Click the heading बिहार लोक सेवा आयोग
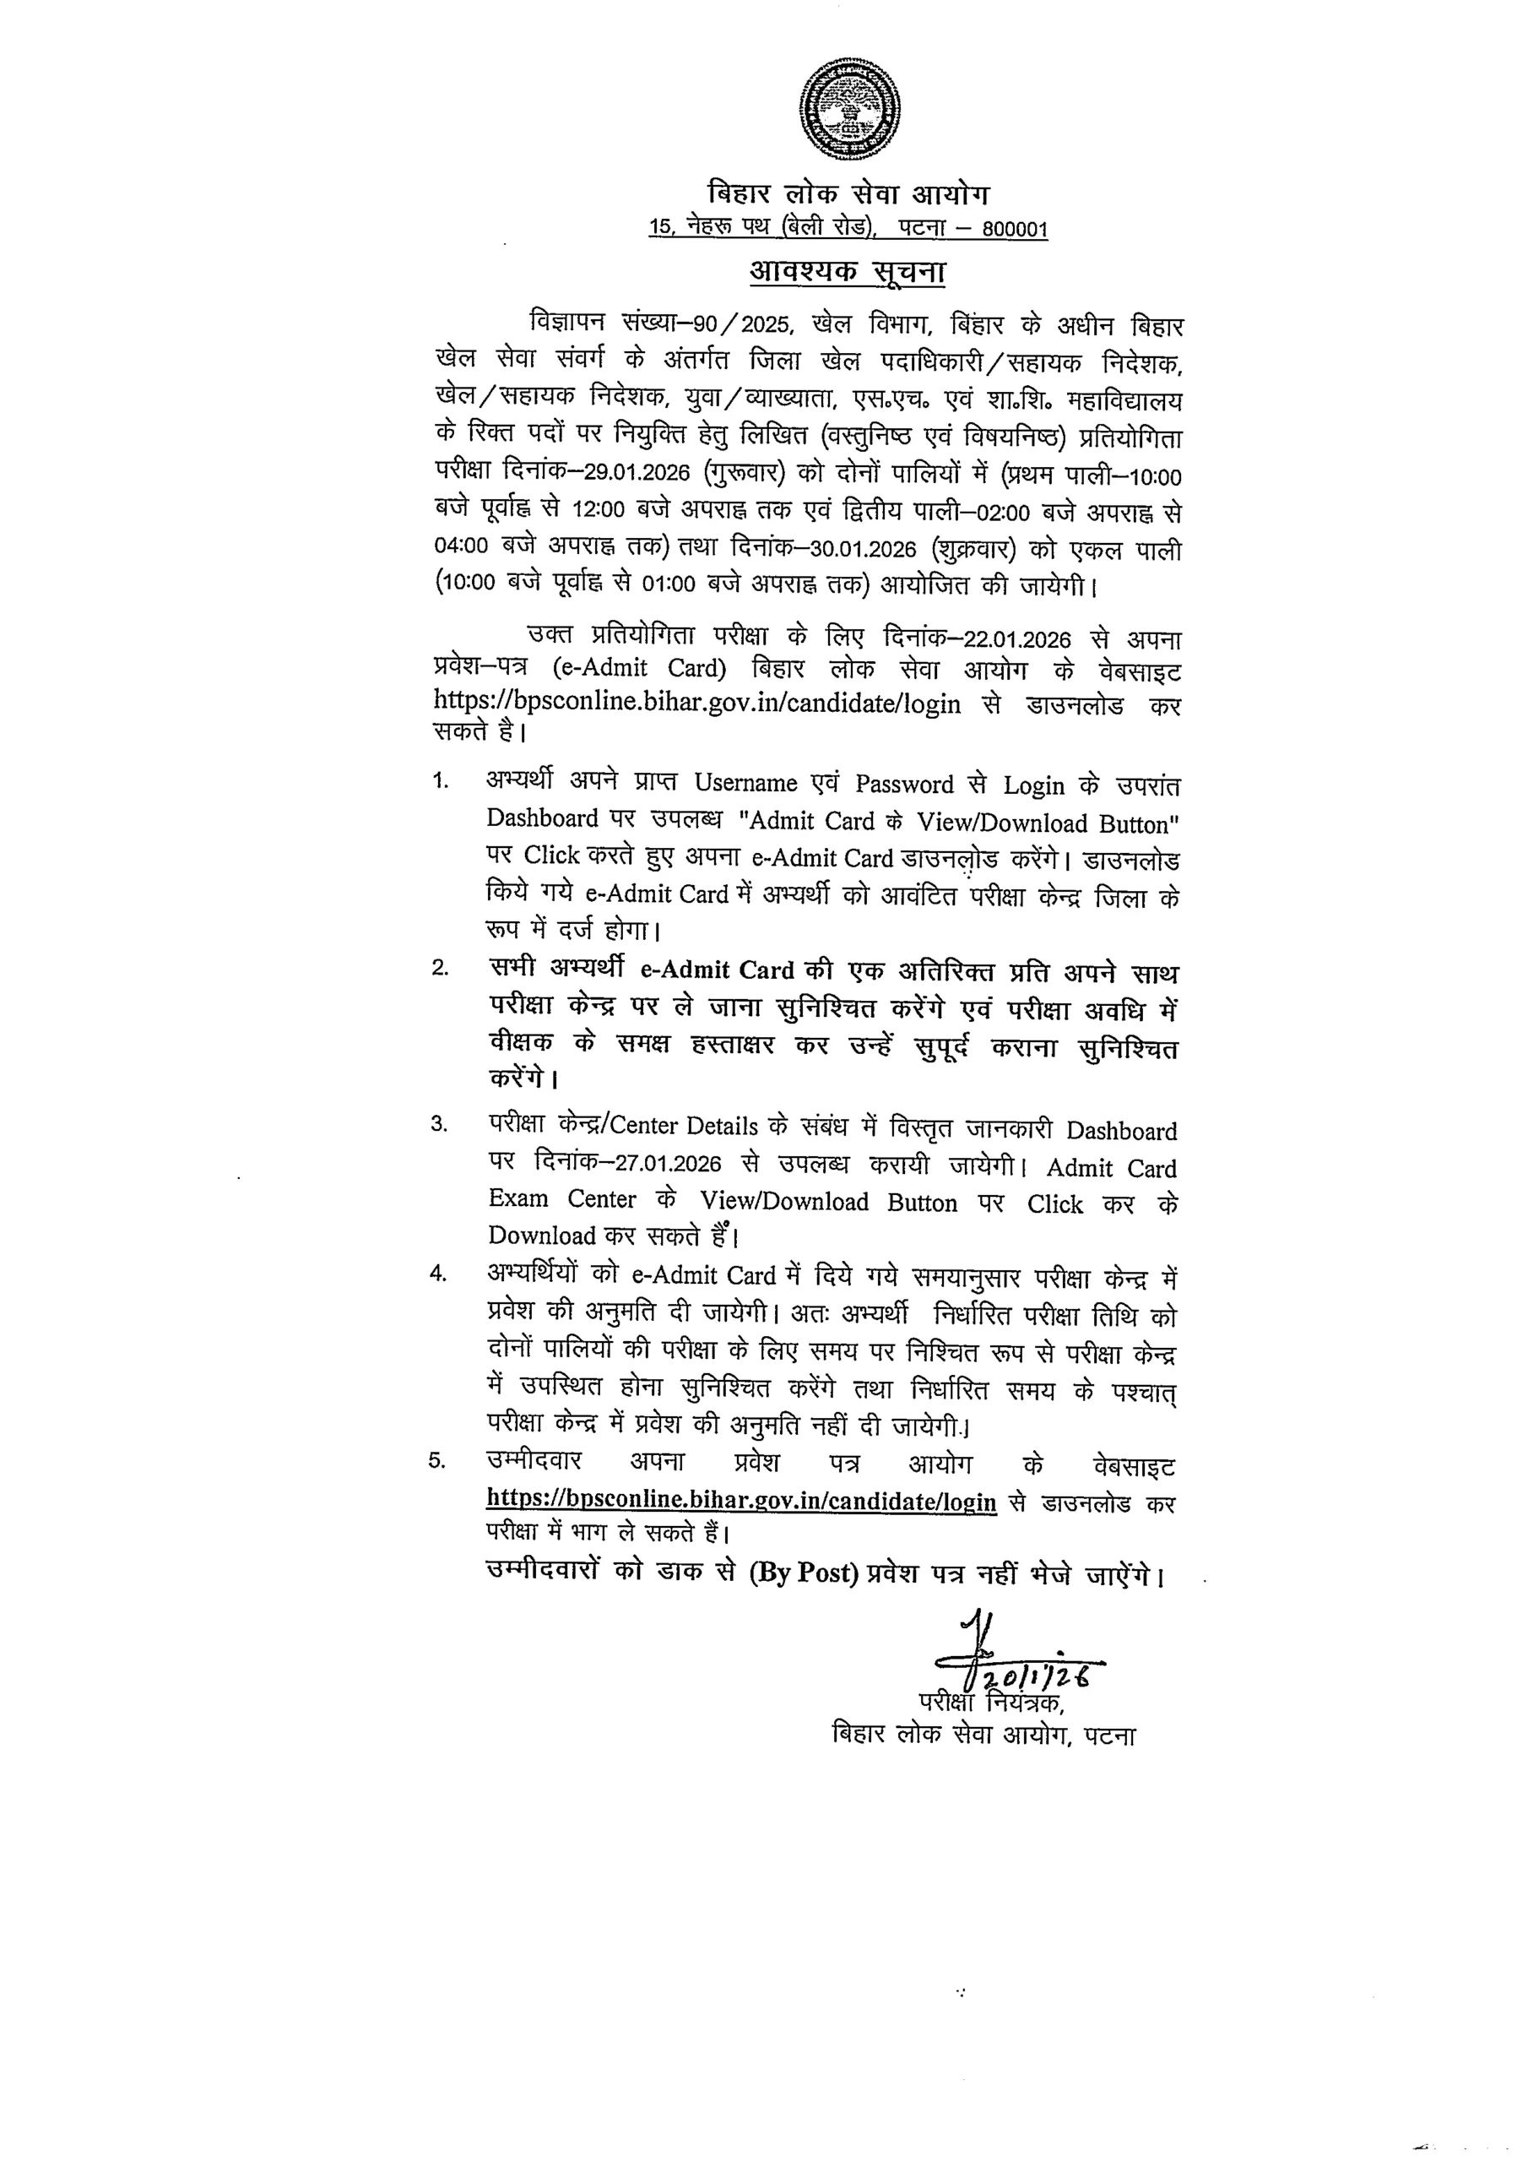click(x=848, y=194)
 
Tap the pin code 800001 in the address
click(x=1014, y=230)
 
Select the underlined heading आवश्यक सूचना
click(x=848, y=272)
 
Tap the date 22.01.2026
click(x=1016, y=639)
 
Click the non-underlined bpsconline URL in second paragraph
click(x=696, y=703)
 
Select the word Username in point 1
click(x=745, y=784)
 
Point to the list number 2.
click(x=440, y=969)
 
